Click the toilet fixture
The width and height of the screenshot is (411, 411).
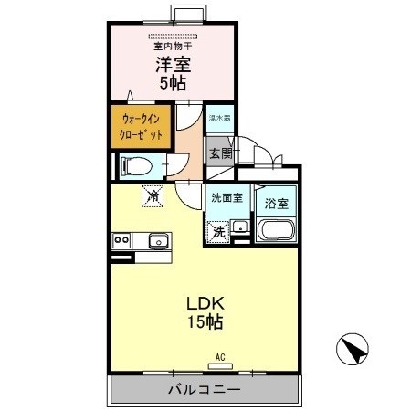pos(128,165)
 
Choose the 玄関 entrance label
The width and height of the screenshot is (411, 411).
pos(221,153)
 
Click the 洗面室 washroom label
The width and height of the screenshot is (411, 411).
pos(227,197)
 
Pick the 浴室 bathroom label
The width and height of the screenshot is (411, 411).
pos(277,204)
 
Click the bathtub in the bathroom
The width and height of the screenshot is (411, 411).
pos(277,231)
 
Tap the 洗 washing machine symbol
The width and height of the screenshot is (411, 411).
pos(218,231)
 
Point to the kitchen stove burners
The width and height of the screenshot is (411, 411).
pos(121,240)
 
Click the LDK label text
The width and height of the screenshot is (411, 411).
pos(205,303)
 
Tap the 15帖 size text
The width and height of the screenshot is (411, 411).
pos(205,322)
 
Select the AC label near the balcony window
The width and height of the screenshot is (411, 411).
pos(220,358)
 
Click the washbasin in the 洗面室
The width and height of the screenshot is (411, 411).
pos(239,227)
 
